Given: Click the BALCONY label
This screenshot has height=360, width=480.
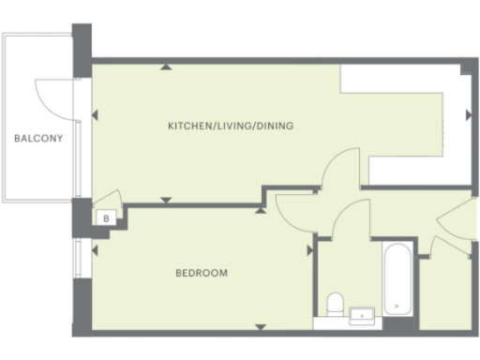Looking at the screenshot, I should click(x=37, y=140).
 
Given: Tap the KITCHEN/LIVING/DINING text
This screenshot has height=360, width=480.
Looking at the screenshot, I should click(x=224, y=126).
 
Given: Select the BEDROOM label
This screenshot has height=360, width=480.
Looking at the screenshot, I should click(x=202, y=274).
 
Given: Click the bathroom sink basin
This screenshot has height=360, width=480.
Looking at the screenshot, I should click(x=361, y=314).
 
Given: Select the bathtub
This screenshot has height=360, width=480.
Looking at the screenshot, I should click(x=397, y=279).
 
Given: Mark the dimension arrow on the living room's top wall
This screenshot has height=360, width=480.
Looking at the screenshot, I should click(x=166, y=67).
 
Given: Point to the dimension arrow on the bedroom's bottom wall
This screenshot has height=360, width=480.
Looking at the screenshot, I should click(x=260, y=325).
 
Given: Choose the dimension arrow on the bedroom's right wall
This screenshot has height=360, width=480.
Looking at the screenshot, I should click(x=307, y=250).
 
